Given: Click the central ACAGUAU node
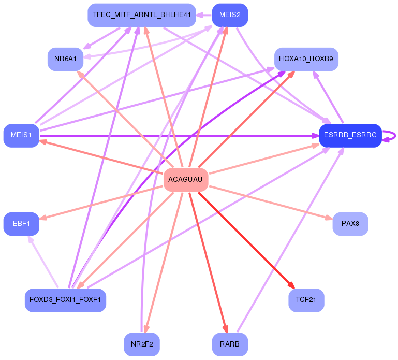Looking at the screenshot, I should coord(185,180).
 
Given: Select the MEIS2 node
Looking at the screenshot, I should coord(230,15).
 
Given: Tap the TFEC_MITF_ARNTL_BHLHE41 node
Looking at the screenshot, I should coord(142,15).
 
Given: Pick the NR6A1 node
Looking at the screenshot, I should coord(65,59).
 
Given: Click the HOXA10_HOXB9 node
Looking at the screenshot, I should coord(305,59).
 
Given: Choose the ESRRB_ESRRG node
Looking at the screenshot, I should coord(350,136).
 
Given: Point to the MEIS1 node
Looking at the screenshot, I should coord(21,136).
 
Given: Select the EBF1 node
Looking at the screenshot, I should coord(21,224).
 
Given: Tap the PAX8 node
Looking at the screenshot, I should coord(350,224).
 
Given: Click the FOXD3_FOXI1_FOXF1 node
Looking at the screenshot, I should coord(65,300).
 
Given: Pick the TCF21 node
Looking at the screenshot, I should coord(306,300).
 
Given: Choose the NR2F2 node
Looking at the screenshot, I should coord(141,344).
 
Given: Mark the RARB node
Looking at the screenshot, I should coord(230,344).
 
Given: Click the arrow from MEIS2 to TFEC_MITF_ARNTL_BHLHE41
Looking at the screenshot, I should coord(204,15).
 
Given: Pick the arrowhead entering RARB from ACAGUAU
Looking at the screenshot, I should coord(225,329).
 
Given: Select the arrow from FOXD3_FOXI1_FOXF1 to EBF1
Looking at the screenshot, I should coord(43,262).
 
